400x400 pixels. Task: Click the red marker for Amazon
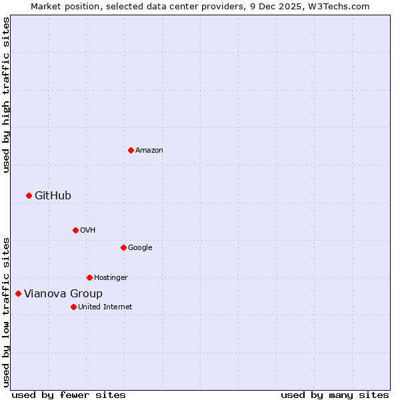131,150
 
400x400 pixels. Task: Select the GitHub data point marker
29,195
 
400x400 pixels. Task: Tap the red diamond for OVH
75,230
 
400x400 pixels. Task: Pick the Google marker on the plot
123,247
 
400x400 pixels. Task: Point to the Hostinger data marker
89,277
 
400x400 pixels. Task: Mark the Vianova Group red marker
18,293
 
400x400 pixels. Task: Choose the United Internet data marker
73,307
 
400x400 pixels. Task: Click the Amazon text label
149,151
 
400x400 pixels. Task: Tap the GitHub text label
53,195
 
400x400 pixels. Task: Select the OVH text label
87,231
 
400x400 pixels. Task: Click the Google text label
140,248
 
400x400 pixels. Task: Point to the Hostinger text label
111,278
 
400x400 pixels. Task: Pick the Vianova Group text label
63,294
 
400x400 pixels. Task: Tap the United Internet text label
105,307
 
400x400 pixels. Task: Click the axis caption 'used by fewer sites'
69,395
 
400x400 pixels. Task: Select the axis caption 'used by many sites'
335,395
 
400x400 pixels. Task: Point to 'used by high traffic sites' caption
6,95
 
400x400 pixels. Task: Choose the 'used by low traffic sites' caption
6,312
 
